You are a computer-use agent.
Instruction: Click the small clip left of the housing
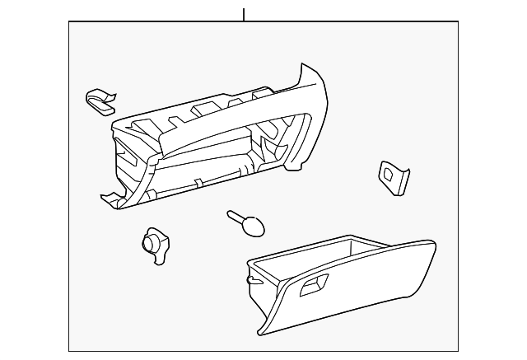pyautogui.click(x=100, y=99)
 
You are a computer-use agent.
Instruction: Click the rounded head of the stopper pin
pyautogui.click(x=254, y=224)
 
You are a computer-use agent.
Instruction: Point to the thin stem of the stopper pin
pyautogui.click(x=236, y=217)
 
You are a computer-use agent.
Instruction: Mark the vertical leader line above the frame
pyautogui.click(x=244, y=14)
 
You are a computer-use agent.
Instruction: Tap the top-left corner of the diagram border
pyautogui.click(x=69, y=22)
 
